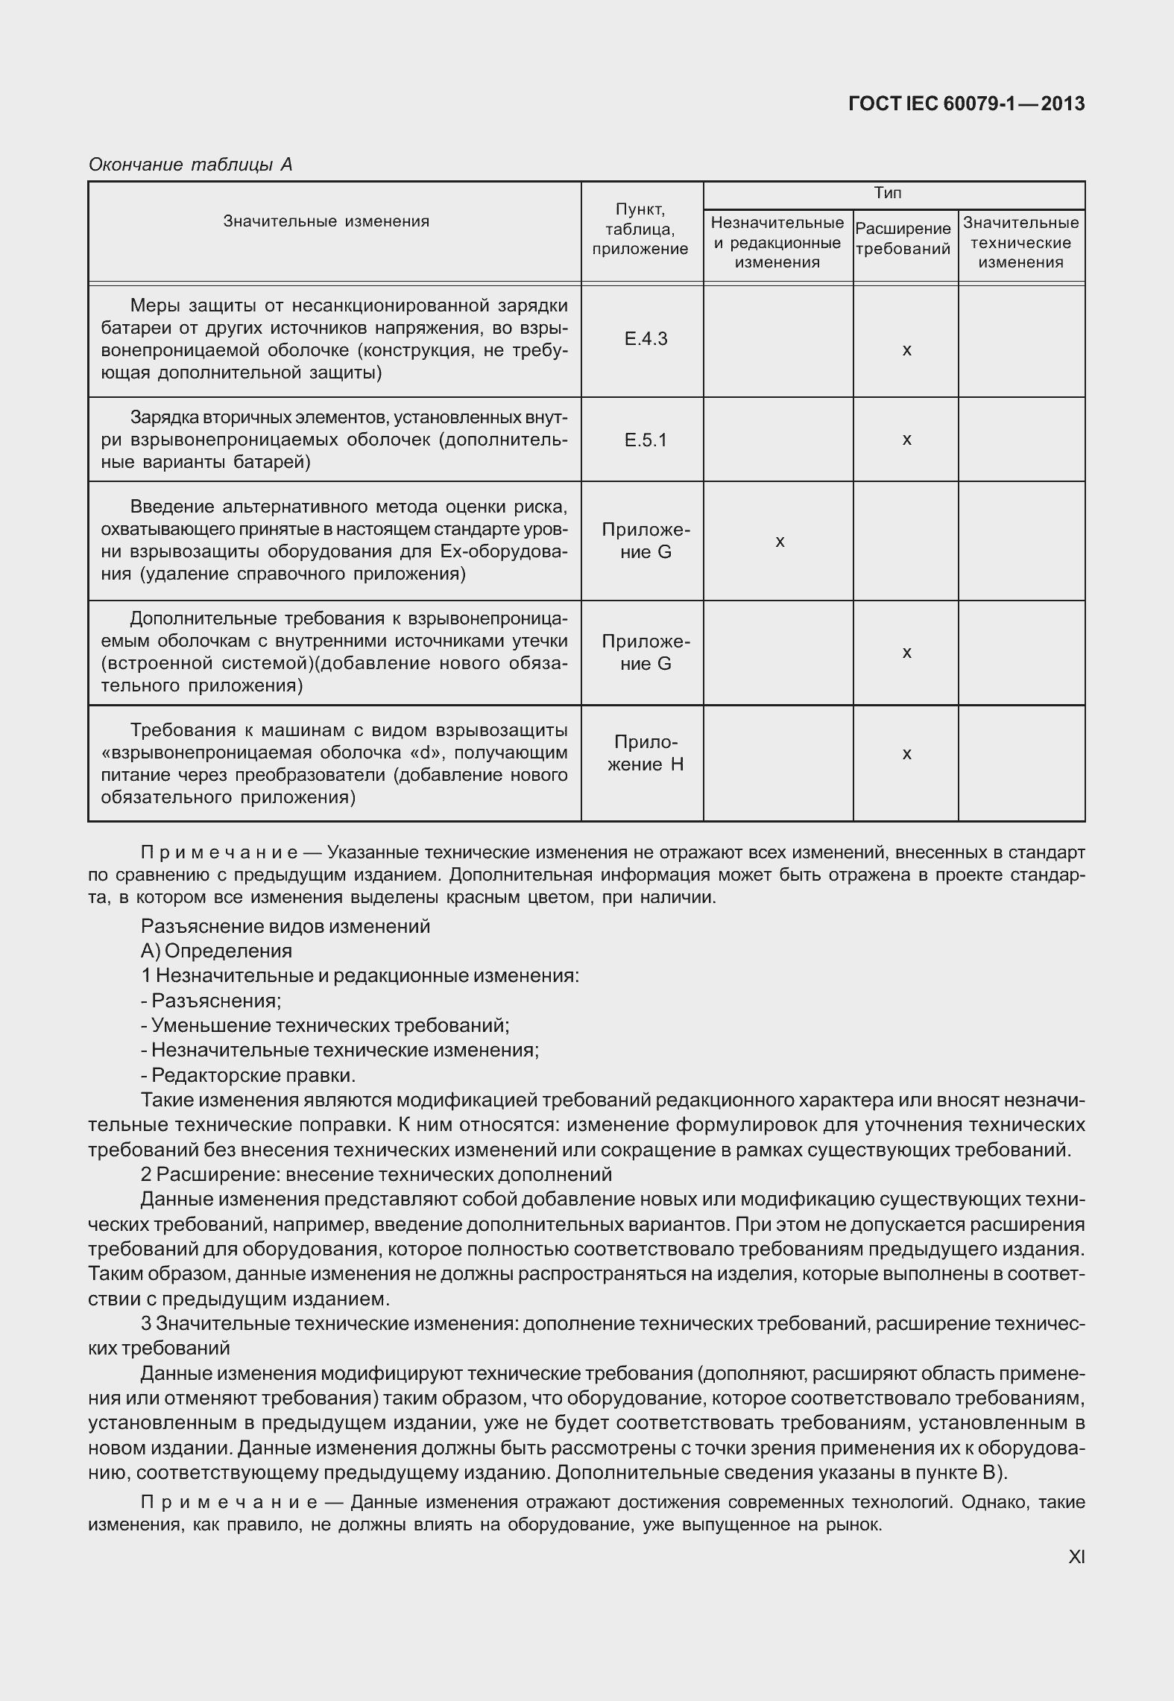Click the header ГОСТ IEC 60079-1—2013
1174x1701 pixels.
(967, 104)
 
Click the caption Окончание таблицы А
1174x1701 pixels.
(190, 165)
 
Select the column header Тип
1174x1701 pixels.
(887, 194)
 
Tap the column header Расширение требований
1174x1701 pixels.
(903, 239)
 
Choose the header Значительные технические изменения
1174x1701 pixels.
(1020, 242)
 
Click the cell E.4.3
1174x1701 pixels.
(646, 339)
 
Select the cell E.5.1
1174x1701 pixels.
(646, 440)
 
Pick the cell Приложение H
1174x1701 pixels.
(646, 753)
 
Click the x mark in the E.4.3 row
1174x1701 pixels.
(906, 349)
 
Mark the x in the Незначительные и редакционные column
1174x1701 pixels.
(780, 542)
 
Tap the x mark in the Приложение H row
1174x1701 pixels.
(906, 754)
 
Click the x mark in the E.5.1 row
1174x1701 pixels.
(906, 440)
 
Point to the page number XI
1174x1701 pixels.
(1076, 1556)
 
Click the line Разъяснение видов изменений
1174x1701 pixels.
(285, 926)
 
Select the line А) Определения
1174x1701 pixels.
(216, 951)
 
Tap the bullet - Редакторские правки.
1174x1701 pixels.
(248, 1075)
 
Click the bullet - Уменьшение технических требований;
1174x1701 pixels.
(325, 1025)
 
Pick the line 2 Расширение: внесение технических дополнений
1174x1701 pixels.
(376, 1174)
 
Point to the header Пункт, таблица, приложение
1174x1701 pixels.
(640, 229)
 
